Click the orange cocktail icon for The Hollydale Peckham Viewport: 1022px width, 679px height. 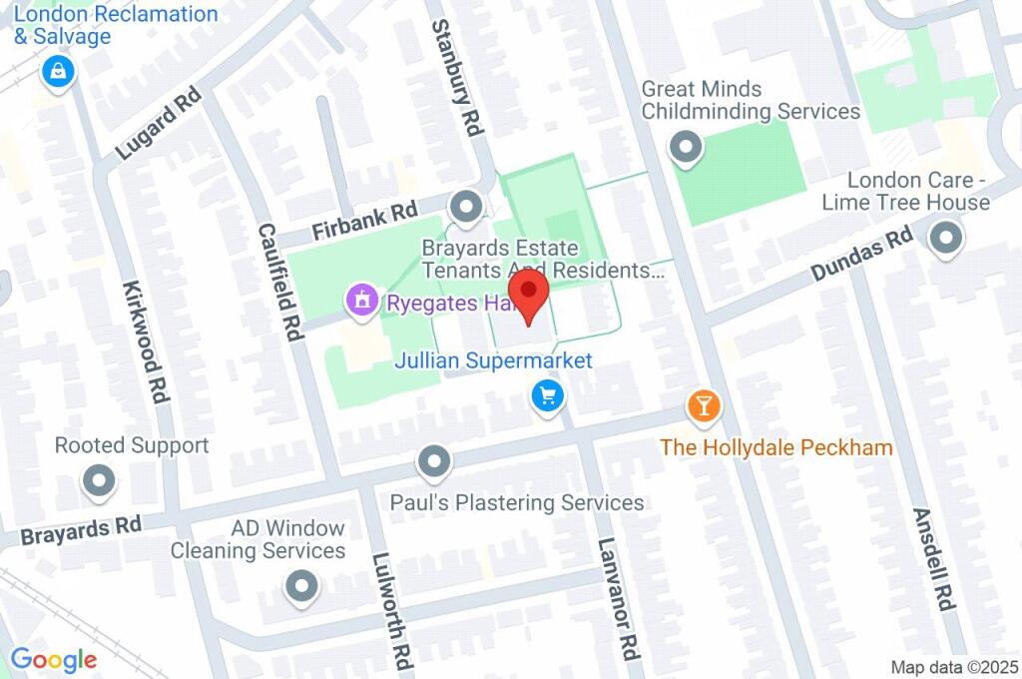(704, 405)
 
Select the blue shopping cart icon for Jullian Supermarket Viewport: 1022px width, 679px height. (547, 396)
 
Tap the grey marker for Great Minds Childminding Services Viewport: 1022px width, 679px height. (686, 148)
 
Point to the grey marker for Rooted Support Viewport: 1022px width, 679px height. (99, 482)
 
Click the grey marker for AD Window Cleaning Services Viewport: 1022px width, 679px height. (301, 586)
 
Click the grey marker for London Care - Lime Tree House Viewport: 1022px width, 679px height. (945, 239)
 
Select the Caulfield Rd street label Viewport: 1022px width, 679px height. (280, 282)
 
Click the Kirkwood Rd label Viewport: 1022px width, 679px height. (145, 335)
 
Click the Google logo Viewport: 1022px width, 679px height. (54, 659)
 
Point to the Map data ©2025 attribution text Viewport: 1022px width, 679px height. (954, 666)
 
